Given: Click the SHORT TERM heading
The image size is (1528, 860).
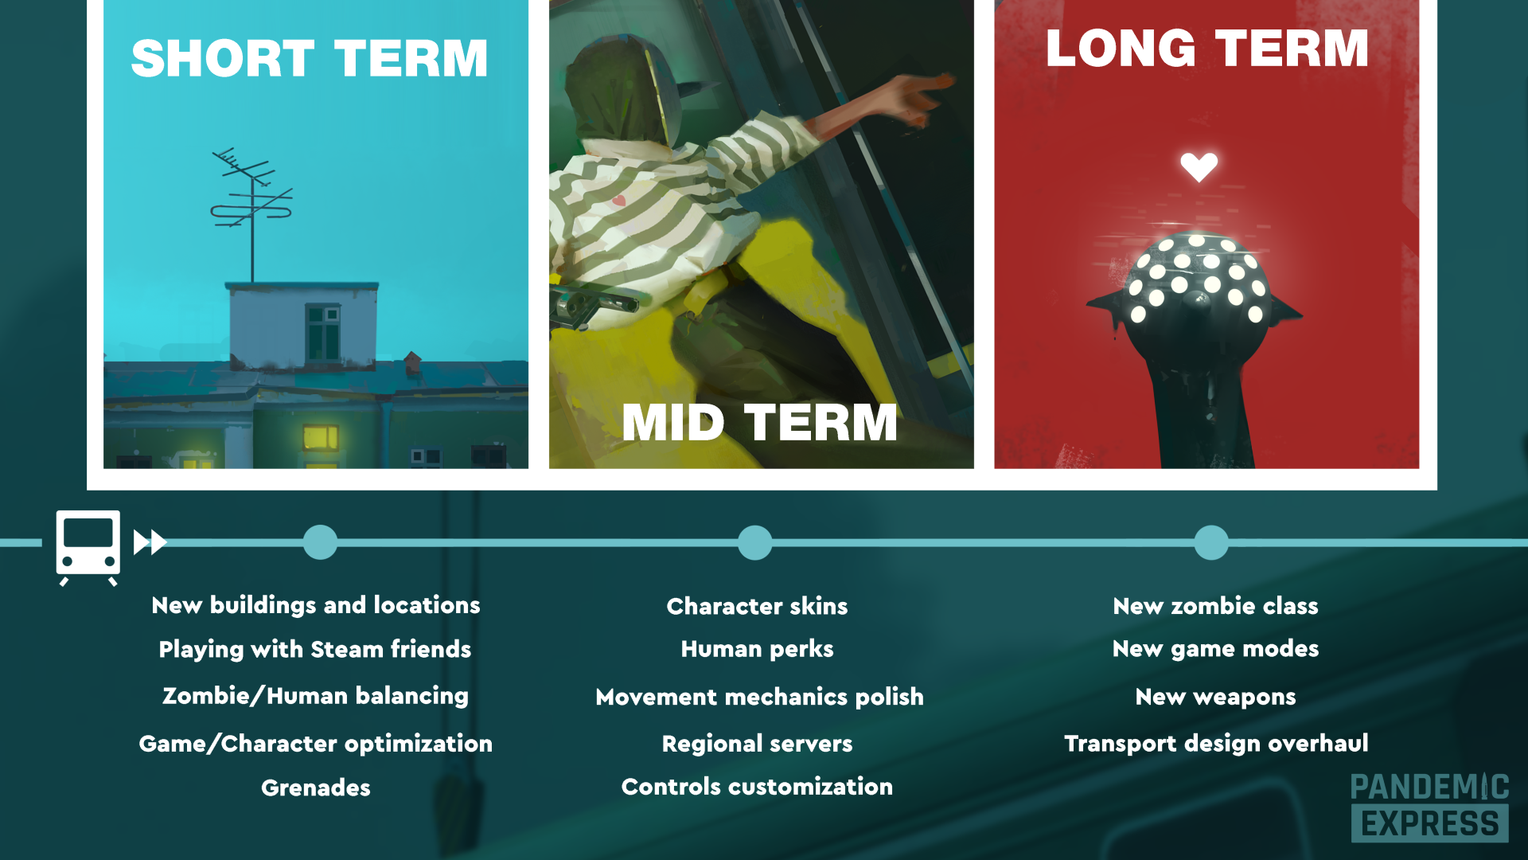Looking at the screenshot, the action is coord(310,58).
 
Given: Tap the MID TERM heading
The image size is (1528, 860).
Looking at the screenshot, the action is coord(759,422).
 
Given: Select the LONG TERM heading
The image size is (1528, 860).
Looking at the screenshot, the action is coord(1206,49).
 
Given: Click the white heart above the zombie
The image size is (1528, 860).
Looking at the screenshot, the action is coord(1199,166).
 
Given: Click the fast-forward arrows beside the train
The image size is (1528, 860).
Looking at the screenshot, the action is coord(150,542).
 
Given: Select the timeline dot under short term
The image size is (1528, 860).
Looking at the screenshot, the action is coord(320,542).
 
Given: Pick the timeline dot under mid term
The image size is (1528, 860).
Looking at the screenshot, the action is coord(754,542).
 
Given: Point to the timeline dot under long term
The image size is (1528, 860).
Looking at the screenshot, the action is coord(1210,542).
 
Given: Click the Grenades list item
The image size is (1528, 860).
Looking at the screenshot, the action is coord(316,788).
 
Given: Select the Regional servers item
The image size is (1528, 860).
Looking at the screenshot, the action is coord(757,744).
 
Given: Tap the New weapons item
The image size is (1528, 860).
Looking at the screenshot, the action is coord(1215,697).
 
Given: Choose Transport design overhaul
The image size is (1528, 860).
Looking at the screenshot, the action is coord(1216,744).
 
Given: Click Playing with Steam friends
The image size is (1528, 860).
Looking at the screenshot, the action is coord(315,650).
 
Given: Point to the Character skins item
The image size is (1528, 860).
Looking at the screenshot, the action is coord(757,606).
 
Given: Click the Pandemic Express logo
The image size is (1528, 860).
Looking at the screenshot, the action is coord(1429,807).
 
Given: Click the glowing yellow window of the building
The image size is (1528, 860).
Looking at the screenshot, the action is coord(320,437).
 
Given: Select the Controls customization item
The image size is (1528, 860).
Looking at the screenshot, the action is coord(757,787).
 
